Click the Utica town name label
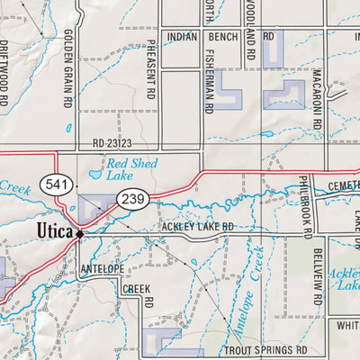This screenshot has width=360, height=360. [57, 231]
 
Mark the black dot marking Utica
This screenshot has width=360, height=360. [80, 234]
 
